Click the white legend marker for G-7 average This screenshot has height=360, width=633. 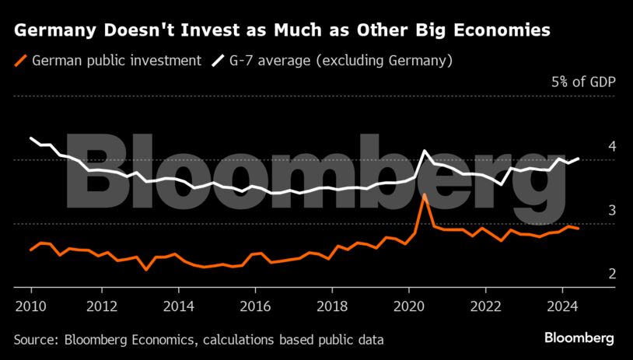pos(216,60)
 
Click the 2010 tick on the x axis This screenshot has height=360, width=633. pos(31,306)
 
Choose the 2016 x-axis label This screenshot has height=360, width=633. pos(259,306)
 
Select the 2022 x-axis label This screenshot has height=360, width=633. pos(487,306)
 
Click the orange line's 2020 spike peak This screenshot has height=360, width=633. pos(425,195)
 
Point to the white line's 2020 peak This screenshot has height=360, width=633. pos(425,151)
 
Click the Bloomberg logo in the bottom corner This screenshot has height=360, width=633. pos(579,338)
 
